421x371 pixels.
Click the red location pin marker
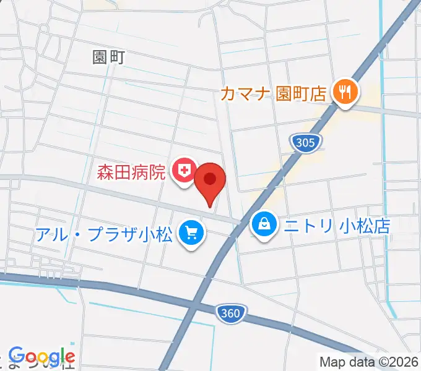(x=210, y=181)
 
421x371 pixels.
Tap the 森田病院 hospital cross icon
(x=184, y=169)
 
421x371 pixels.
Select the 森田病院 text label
(x=131, y=171)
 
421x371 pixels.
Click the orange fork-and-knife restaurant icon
(x=344, y=93)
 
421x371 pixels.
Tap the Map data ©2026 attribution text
(x=368, y=362)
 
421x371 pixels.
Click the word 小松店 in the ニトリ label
(x=365, y=225)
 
